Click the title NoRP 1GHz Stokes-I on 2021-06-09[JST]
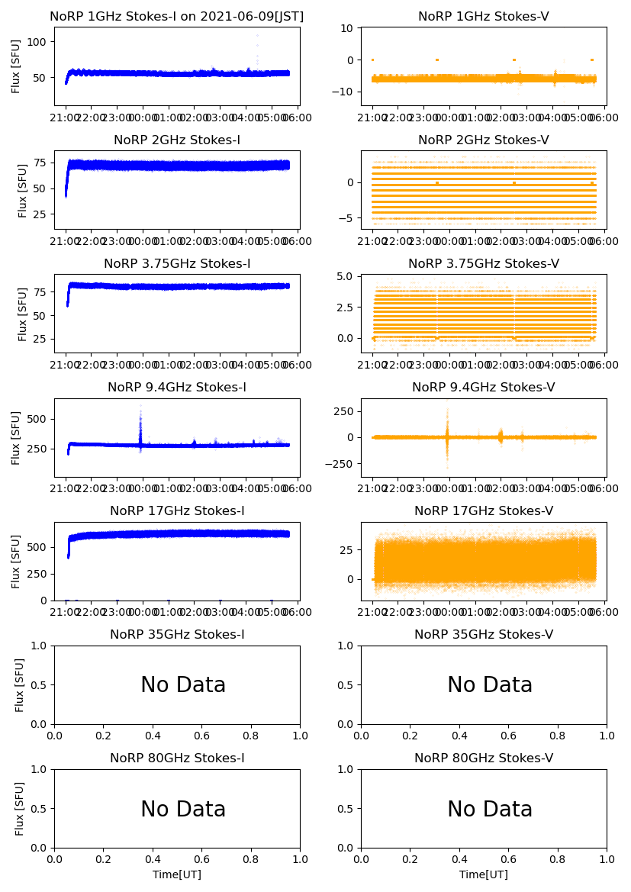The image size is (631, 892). pos(177,16)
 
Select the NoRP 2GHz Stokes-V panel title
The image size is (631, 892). pos(484,140)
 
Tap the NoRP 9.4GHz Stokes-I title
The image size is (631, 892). pos(177,387)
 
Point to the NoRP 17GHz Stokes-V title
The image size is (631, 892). pos(484,510)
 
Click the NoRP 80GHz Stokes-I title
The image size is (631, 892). pos(177,758)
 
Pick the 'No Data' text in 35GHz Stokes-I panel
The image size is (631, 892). pos(183,685)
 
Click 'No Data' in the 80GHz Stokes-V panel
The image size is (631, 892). pos(490,809)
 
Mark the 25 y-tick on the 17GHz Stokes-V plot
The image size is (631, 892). pos(346,549)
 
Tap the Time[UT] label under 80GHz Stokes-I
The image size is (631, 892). pos(177,874)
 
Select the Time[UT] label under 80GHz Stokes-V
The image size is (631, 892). pos(484,874)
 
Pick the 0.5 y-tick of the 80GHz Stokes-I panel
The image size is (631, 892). pos(40,809)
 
